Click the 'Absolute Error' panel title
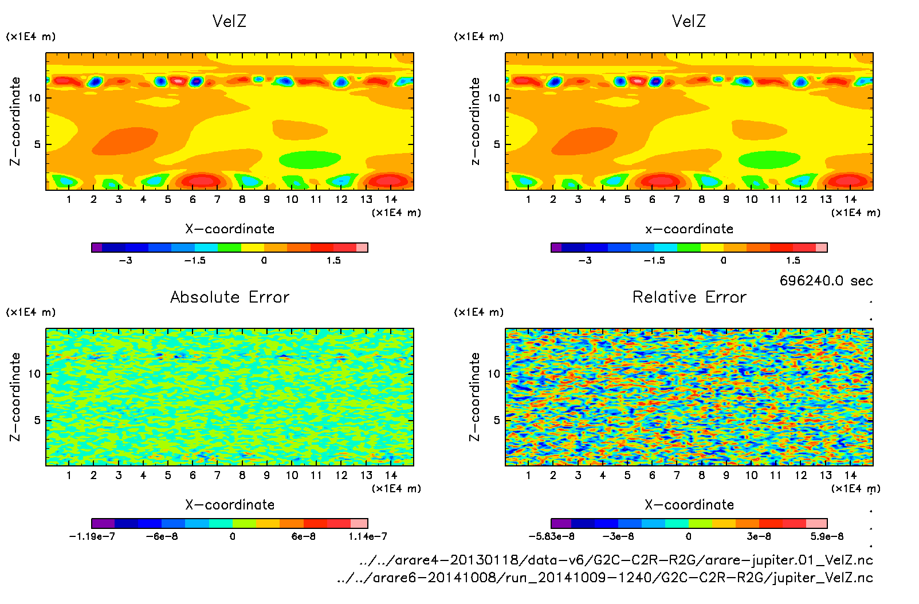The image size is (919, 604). [x=230, y=297]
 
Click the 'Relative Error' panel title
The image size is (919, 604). [x=689, y=297]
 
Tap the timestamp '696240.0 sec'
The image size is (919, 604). [x=826, y=281]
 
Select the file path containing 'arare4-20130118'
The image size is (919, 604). [x=616, y=560]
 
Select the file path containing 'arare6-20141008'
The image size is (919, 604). [x=605, y=578]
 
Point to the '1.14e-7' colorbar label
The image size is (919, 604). [x=368, y=536]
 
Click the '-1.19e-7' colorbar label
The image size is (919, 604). [x=92, y=536]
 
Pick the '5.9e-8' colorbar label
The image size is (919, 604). [x=827, y=536]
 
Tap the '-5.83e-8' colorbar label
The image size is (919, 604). [x=551, y=536]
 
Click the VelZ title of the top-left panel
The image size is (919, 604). [x=229, y=21]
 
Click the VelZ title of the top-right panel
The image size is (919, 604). [x=689, y=21]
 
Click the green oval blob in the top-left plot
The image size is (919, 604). [x=310, y=159]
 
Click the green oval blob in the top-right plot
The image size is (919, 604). [x=769, y=159]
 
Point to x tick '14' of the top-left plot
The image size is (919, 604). [x=391, y=199]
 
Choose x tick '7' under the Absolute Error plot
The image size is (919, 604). [x=217, y=475]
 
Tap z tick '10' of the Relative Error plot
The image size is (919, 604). [x=493, y=374]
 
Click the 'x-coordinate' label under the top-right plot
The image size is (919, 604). [x=689, y=229]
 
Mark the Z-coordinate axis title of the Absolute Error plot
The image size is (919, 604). [x=15, y=397]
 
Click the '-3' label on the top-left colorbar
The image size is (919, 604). [x=125, y=260]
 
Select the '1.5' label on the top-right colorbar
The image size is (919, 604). [x=793, y=260]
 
